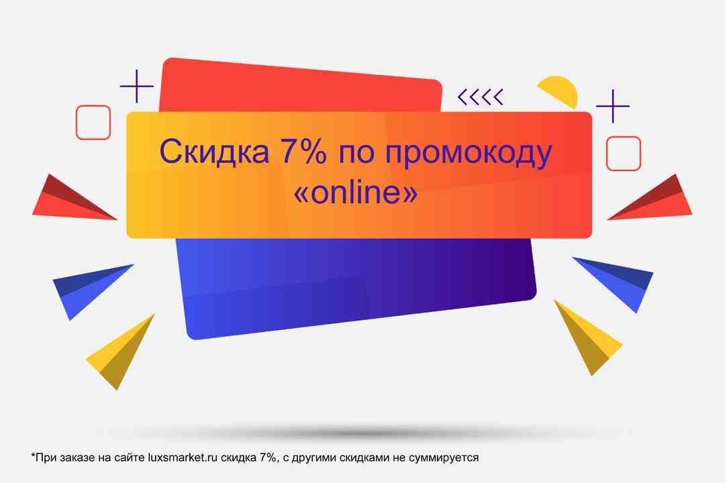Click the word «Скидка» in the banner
click(214, 151)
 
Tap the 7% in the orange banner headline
click(302, 151)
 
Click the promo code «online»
click(356, 192)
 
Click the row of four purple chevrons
click(481, 97)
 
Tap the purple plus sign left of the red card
click(137, 86)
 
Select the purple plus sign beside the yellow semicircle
click(613, 106)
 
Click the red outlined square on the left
click(93, 123)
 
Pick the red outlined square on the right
click(623, 154)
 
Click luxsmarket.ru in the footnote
click(183, 458)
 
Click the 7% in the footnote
click(267, 458)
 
